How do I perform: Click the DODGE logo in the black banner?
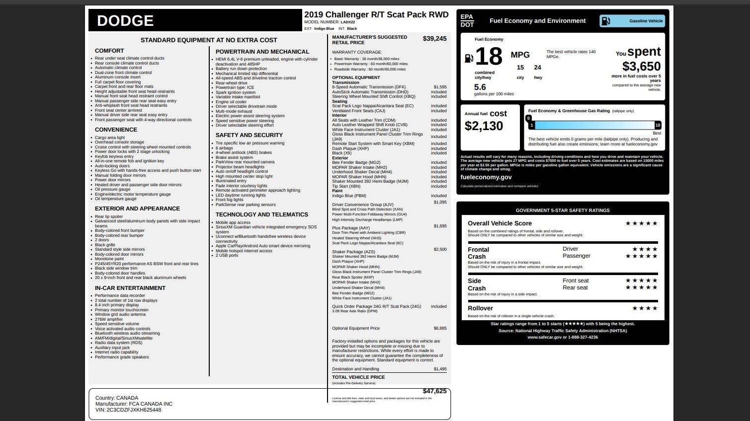125,21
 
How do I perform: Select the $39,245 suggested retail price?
434,39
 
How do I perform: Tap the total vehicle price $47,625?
434,391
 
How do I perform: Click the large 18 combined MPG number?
489,57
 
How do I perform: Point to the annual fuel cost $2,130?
484,126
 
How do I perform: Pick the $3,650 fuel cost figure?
641,67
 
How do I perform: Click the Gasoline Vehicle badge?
632,21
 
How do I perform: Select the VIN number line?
128,410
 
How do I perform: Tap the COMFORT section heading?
109,51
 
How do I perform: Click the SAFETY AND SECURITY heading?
249,135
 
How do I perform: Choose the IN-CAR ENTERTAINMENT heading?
130,288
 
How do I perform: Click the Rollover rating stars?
645,308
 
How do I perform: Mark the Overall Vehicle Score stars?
641,223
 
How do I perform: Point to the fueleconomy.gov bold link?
486,177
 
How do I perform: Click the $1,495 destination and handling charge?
440,369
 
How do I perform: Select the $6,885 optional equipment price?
440,328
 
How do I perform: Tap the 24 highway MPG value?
537,68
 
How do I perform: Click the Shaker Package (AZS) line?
353,252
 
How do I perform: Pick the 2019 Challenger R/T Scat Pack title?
376,15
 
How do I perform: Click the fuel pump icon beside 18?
468,59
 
